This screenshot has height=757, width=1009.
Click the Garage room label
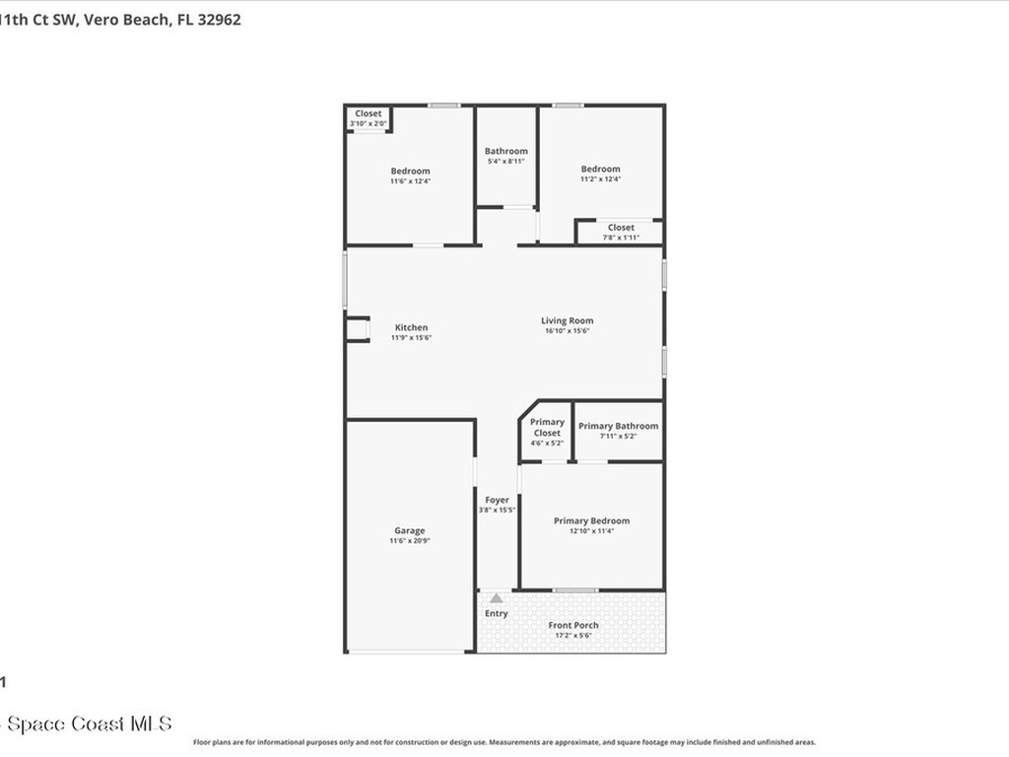click(410, 530)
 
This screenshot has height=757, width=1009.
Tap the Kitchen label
click(411, 327)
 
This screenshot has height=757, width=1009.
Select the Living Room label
click(567, 320)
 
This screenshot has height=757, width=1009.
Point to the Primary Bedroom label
click(591, 520)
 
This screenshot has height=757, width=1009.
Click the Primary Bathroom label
click(618, 426)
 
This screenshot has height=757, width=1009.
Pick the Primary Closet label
click(547, 428)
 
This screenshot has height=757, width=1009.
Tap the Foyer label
click(497, 500)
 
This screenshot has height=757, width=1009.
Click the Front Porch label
click(572, 625)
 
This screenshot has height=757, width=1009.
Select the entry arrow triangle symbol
click(497, 598)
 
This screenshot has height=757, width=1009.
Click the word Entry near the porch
click(497, 613)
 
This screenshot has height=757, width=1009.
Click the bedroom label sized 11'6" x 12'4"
click(410, 171)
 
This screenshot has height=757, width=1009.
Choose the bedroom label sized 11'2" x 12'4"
click(600, 169)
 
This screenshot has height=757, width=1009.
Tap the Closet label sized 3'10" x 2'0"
click(369, 113)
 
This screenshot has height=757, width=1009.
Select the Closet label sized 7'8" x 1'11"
click(621, 228)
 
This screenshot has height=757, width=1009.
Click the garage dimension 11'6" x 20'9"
click(410, 541)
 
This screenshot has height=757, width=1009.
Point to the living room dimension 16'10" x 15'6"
click(567, 331)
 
